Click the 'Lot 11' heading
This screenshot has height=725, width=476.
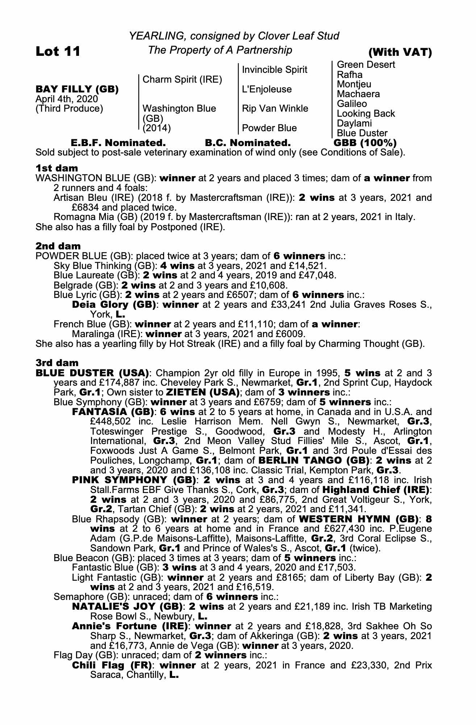tap(58, 51)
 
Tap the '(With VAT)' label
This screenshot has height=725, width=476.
tap(400, 53)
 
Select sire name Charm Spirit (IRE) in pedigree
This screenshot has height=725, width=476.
tap(182, 79)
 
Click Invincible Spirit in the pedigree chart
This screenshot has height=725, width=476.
tap(275, 70)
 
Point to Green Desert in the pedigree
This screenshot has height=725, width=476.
tap(366, 65)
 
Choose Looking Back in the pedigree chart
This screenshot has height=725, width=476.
tap(366, 113)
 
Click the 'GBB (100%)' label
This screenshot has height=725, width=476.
tap(365, 142)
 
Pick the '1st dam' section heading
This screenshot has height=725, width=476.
tap(57, 168)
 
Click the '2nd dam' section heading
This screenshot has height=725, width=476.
tap(58, 246)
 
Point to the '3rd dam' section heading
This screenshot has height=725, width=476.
tap(57, 363)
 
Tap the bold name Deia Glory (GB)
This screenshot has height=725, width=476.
tap(114, 304)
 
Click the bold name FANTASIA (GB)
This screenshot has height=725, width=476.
tap(114, 412)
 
